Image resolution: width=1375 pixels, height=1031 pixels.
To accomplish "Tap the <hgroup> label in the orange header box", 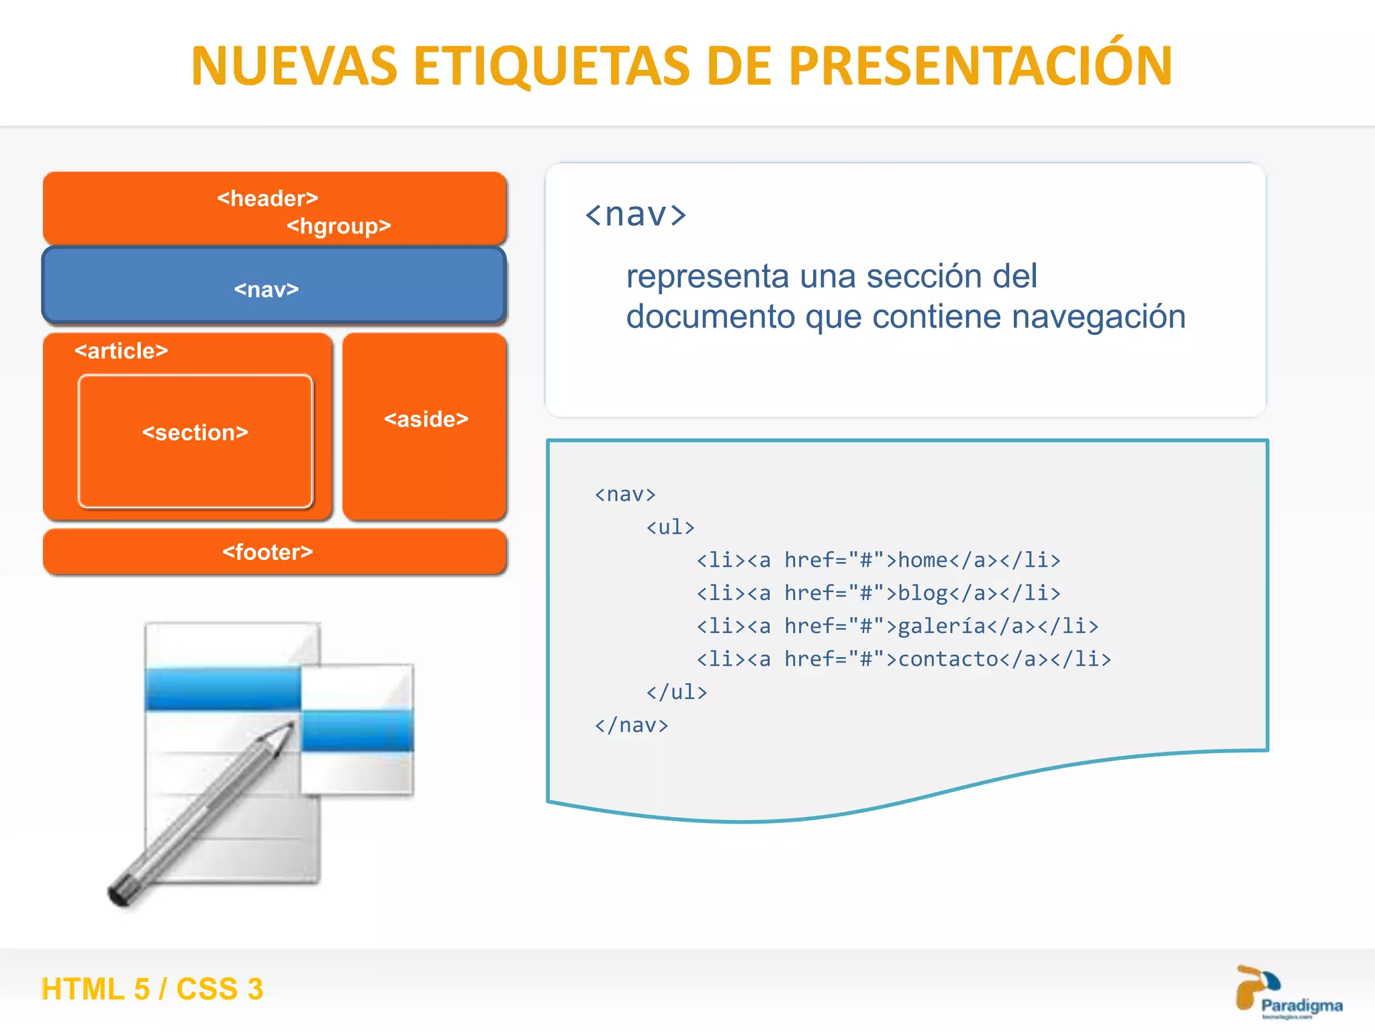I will (x=338, y=226).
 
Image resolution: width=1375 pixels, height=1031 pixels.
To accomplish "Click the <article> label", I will (x=121, y=350).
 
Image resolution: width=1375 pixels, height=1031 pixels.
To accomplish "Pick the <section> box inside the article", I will (x=195, y=440).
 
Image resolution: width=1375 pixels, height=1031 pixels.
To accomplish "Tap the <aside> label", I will (x=426, y=420).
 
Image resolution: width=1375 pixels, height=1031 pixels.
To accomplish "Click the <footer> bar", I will (x=274, y=552).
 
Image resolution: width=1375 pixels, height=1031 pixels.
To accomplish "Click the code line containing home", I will (x=878, y=560).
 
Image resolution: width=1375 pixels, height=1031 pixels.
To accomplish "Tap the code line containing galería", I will (x=897, y=626).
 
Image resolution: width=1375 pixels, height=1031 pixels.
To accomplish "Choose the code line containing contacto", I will (x=904, y=658).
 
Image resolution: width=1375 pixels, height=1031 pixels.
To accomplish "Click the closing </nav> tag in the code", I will (x=631, y=725).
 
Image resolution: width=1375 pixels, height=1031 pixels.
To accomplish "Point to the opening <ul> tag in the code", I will (x=670, y=527).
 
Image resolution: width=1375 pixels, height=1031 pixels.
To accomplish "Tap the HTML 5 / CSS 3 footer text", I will (x=152, y=989).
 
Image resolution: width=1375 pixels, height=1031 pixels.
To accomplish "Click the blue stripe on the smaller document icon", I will (x=357, y=730).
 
